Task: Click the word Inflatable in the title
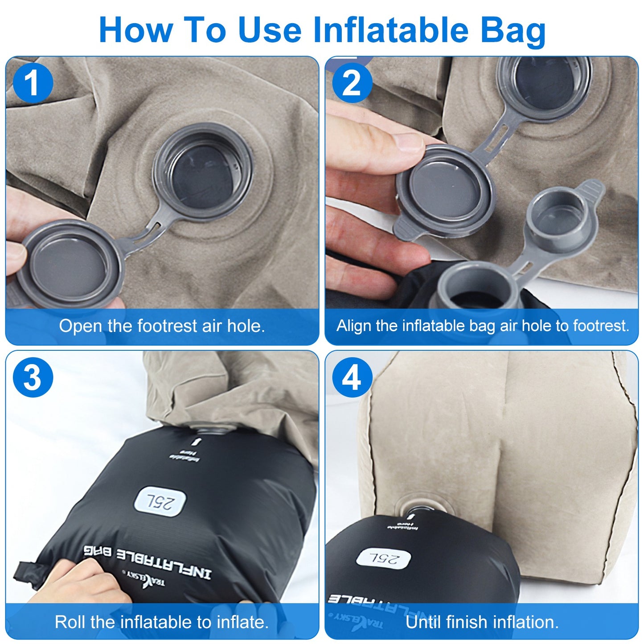point(390,30)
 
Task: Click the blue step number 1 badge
point(33,83)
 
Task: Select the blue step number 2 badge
point(352,83)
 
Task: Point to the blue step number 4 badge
point(352,378)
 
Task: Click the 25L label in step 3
point(160,502)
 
